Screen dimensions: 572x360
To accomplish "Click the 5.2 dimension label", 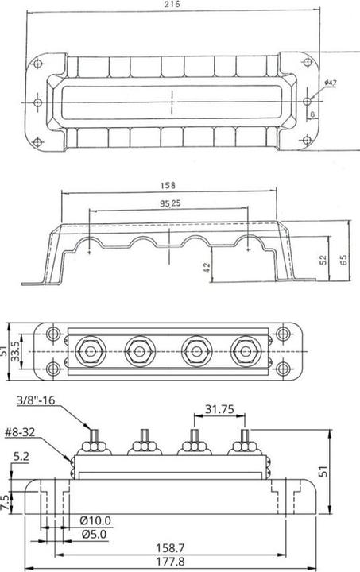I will tap(23, 458).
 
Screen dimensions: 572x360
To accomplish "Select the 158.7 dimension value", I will tap(174, 549).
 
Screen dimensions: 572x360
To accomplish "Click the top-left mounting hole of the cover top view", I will tap(37, 60).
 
